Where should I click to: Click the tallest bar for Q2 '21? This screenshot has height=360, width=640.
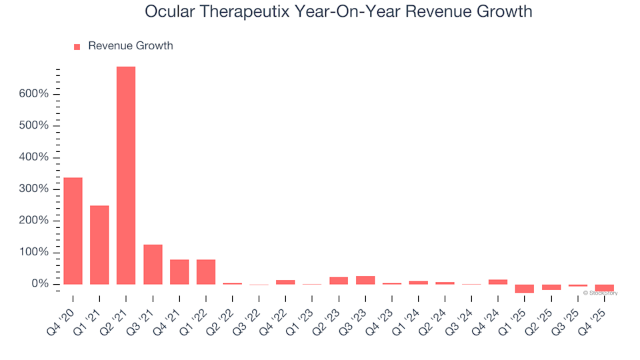[126, 175]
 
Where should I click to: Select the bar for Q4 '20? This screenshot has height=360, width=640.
[73, 231]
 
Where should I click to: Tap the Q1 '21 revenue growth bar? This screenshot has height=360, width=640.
[99, 245]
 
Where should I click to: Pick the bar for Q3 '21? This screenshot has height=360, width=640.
[153, 264]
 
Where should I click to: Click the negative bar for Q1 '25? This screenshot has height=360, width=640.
[525, 289]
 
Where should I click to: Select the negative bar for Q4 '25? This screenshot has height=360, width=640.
[605, 288]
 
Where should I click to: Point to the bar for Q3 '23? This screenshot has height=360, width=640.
[365, 280]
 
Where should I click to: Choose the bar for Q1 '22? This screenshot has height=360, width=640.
[206, 272]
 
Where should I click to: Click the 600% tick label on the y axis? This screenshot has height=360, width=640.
[33, 94]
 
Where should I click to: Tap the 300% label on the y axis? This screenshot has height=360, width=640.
[33, 189]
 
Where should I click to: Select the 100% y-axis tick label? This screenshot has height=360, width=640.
[33, 253]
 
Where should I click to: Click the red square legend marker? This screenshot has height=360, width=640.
[77, 47]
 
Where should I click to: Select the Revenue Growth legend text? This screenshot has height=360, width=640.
[130, 46]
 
